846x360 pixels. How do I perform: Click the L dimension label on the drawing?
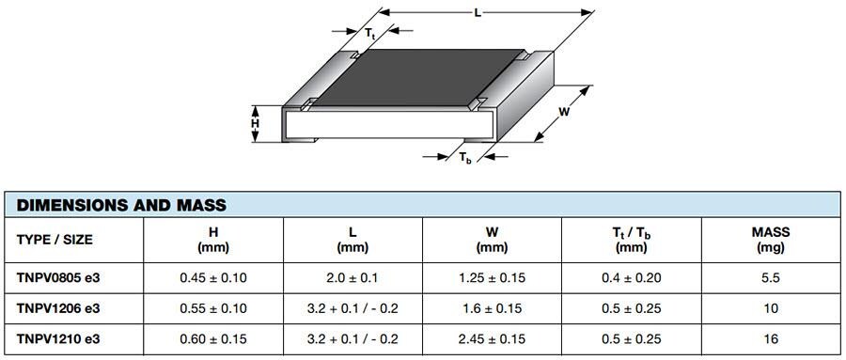479,11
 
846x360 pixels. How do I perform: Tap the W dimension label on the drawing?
565,112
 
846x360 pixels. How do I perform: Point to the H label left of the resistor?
254,124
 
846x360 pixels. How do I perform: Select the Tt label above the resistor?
370,34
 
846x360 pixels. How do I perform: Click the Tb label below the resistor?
465,159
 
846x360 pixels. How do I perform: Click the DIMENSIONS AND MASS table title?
121,205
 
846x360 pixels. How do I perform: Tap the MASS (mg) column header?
770,240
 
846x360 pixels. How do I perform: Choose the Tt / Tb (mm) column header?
631,240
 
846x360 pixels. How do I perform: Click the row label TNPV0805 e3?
58,278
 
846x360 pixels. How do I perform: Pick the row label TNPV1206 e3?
58,308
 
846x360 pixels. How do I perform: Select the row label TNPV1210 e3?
58,338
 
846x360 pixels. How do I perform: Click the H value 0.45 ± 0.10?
213,278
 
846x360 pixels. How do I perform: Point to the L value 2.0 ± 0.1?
352,278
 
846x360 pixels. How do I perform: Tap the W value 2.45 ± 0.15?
492,338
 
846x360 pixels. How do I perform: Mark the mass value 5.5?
770,278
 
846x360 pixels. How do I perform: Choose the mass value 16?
770,338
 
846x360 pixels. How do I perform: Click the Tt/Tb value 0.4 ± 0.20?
631,278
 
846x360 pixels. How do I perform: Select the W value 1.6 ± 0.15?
492,308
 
